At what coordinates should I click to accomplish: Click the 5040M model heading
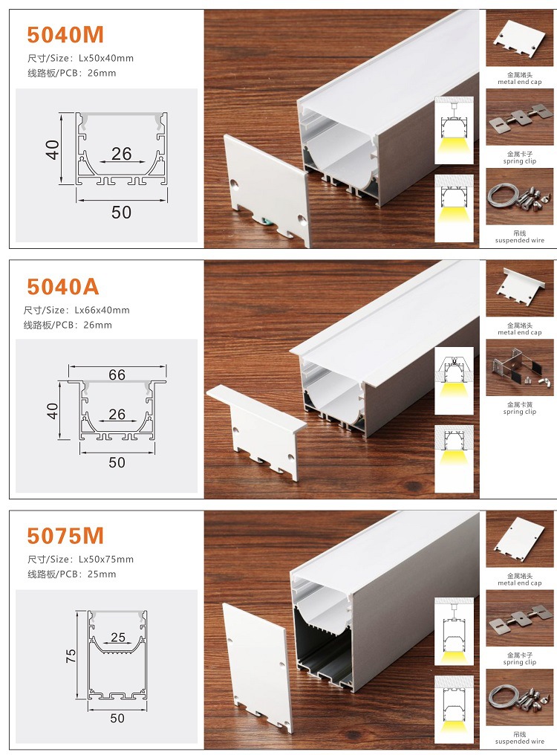(x=65, y=35)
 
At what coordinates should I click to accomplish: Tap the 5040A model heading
(x=63, y=287)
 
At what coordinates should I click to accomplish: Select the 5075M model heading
(x=65, y=536)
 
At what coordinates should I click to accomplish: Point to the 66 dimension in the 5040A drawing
(x=117, y=375)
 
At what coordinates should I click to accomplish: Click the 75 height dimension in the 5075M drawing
(x=71, y=655)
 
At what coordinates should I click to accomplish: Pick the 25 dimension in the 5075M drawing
(x=118, y=638)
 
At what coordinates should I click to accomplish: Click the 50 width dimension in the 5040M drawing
(x=121, y=213)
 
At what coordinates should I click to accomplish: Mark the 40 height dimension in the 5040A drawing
(x=52, y=411)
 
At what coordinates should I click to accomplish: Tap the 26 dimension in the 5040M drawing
(x=121, y=154)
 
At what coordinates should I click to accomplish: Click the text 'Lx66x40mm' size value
(x=102, y=310)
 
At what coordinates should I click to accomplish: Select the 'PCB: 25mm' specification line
(x=72, y=574)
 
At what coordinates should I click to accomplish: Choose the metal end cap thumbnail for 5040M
(x=519, y=39)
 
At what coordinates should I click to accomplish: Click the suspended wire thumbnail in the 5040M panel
(x=519, y=196)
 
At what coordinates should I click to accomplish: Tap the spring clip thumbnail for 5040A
(x=519, y=368)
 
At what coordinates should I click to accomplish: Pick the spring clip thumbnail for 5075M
(x=519, y=618)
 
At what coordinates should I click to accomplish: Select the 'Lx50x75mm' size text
(x=106, y=560)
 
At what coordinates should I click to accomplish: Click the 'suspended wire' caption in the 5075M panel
(x=519, y=742)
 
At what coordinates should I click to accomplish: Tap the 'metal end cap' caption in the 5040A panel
(x=519, y=332)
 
